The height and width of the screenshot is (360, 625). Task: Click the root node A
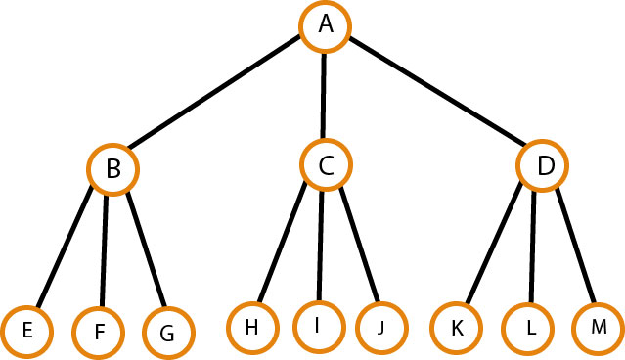click(325, 26)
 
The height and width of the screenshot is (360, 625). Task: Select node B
click(113, 169)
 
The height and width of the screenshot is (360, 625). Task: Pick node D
click(544, 167)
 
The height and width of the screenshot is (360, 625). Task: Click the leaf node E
click(27, 331)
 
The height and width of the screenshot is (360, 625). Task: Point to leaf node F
click(101, 331)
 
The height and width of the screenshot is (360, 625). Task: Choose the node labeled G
click(167, 333)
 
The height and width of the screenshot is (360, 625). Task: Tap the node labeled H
click(251, 327)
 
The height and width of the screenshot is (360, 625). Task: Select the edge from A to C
click(325, 96)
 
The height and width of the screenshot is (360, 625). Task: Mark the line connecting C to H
click(286, 245)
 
